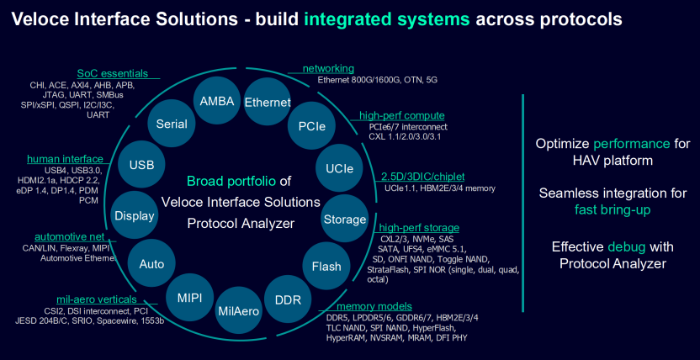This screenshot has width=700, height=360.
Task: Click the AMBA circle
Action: pyautogui.click(x=217, y=101)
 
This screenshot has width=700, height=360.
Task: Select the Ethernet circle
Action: pyautogui.click(x=268, y=103)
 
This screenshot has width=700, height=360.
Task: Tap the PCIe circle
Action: pyautogui.click(x=312, y=127)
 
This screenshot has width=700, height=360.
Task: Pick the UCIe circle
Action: pyautogui.click(x=340, y=168)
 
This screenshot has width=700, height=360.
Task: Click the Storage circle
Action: pyautogui.click(x=345, y=220)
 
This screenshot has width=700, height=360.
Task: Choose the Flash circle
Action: pyautogui.click(x=326, y=267)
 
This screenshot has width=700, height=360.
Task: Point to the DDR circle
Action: pyautogui.click(x=288, y=299)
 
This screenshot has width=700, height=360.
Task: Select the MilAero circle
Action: pyautogui.click(x=238, y=310)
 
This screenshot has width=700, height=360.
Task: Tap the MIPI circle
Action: pyautogui.click(x=188, y=297)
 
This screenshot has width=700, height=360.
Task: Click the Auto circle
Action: pyautogui.click(x=151, y=264)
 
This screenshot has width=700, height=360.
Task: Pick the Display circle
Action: pyautogui.click(x=135, y=216)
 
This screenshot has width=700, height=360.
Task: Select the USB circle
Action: pyautogui.click(x=141, y=165)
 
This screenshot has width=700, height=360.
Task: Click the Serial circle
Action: pyautogui.click(x=172, y=124)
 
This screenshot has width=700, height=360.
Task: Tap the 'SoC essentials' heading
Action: pyautogui.click(x=113, y=73)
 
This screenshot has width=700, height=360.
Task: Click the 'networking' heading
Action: pyautogui.click(x=328, y=68)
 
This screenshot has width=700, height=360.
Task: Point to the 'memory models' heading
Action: pyautogui.click(x=374, y=306)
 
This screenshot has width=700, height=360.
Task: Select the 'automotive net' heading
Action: pyautogui.click(x=70, y=236)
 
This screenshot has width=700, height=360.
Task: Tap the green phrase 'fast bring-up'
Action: pyautogui.click(x=612, y=209)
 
